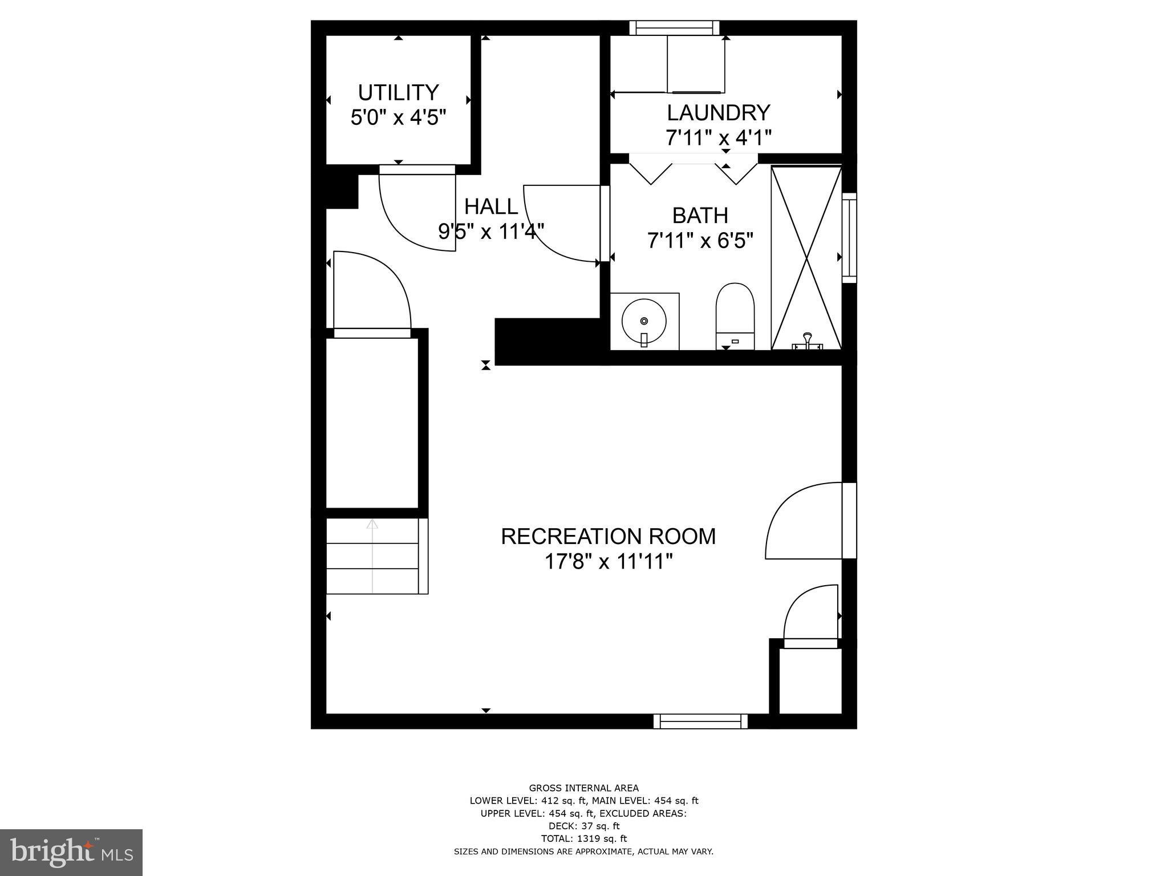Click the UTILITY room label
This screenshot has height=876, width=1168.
pyautogui.click(x=398, y=92)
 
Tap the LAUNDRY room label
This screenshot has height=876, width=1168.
pyautogui.click(x=718, y=113)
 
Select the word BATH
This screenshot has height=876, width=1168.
pyautogui.click(x=700, y=216)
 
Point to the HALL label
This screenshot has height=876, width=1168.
pyautogui.click(x=491, y=206)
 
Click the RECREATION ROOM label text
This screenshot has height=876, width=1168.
pyautogui.click(x=608, y=537)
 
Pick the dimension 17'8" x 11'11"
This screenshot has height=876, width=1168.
pyautogui.click(x=608, y=562)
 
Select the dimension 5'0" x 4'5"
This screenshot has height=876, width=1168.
pyautogui.click(x=398, y=118)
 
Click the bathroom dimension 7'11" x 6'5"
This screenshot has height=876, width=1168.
pyautogui.click(x=700, y=241)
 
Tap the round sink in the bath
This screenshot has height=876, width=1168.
pyautogui.click(x=644, y=321)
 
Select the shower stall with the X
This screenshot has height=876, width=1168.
pyautogui.click(x=806, y=257)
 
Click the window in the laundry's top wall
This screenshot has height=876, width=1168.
pyautogui.click(x=674, y=28)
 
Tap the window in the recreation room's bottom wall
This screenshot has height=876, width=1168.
pyautogui.click(x=700, y=721)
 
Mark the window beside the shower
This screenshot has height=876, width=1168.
pyautogui.click(x=849, y=237)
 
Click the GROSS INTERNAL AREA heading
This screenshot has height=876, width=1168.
pyautogui.click(x=583, y=789)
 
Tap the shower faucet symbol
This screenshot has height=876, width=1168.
pyautogui.click(x=807, y=341)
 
